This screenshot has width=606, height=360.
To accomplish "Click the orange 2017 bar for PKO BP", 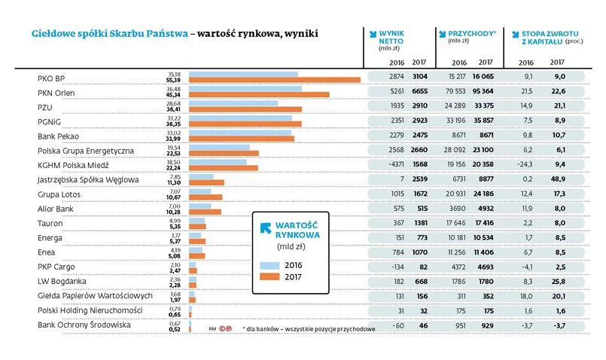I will click(274, 80).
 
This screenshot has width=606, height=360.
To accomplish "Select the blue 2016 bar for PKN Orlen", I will click(245, 89).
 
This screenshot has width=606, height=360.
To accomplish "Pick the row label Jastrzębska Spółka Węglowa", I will click(88, 179).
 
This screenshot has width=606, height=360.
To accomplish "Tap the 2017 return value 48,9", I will click(559, 179).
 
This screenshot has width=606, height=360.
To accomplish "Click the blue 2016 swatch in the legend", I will click(270, 265).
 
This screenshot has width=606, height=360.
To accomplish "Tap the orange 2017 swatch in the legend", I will click(270, 277).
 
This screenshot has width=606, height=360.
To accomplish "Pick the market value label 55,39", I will click(174, 80).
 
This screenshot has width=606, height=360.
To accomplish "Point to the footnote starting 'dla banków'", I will click(309, 329).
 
